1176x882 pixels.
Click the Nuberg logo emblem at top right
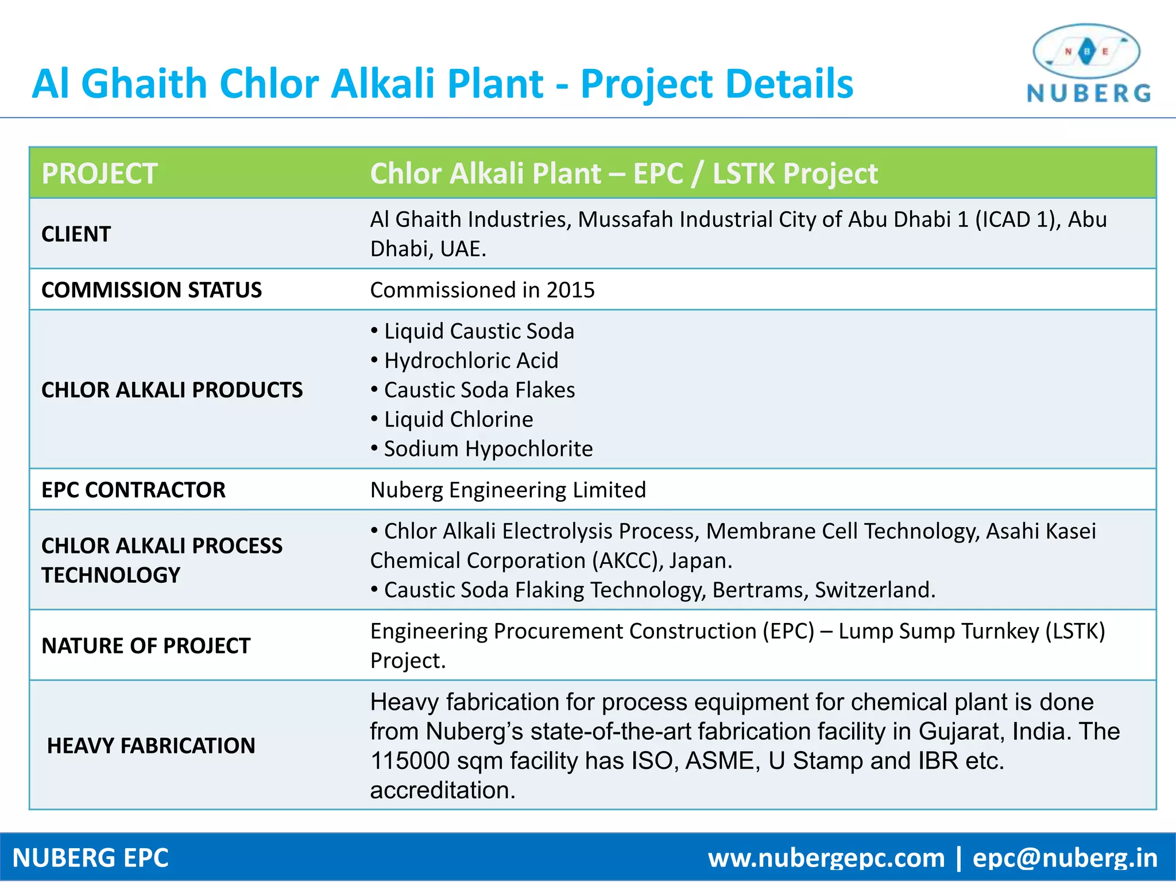point(1086,52)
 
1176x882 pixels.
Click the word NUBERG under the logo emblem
point(1089,94)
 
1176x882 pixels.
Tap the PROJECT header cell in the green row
point(99,173)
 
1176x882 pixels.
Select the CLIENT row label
point(76,234)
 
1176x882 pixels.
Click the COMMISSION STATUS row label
point(152,290)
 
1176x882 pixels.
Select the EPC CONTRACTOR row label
point(133,490)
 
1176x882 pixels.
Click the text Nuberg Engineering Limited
point(508,490)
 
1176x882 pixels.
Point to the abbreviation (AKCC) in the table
point(628,560)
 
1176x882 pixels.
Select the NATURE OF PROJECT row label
point(146,646)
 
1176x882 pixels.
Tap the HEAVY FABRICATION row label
point(151,746)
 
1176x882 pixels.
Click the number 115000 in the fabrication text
point(410,761)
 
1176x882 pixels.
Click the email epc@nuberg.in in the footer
point(1065,858)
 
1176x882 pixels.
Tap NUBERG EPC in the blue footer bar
point(91,858)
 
